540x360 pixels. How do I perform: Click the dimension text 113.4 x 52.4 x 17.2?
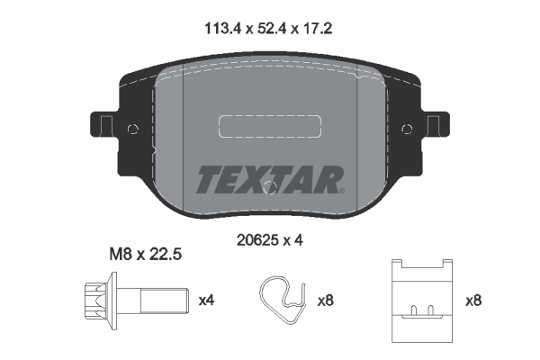269,29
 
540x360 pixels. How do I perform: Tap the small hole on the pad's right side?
406,129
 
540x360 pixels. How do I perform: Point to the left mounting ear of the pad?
103,126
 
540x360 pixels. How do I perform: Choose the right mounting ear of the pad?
436,126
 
